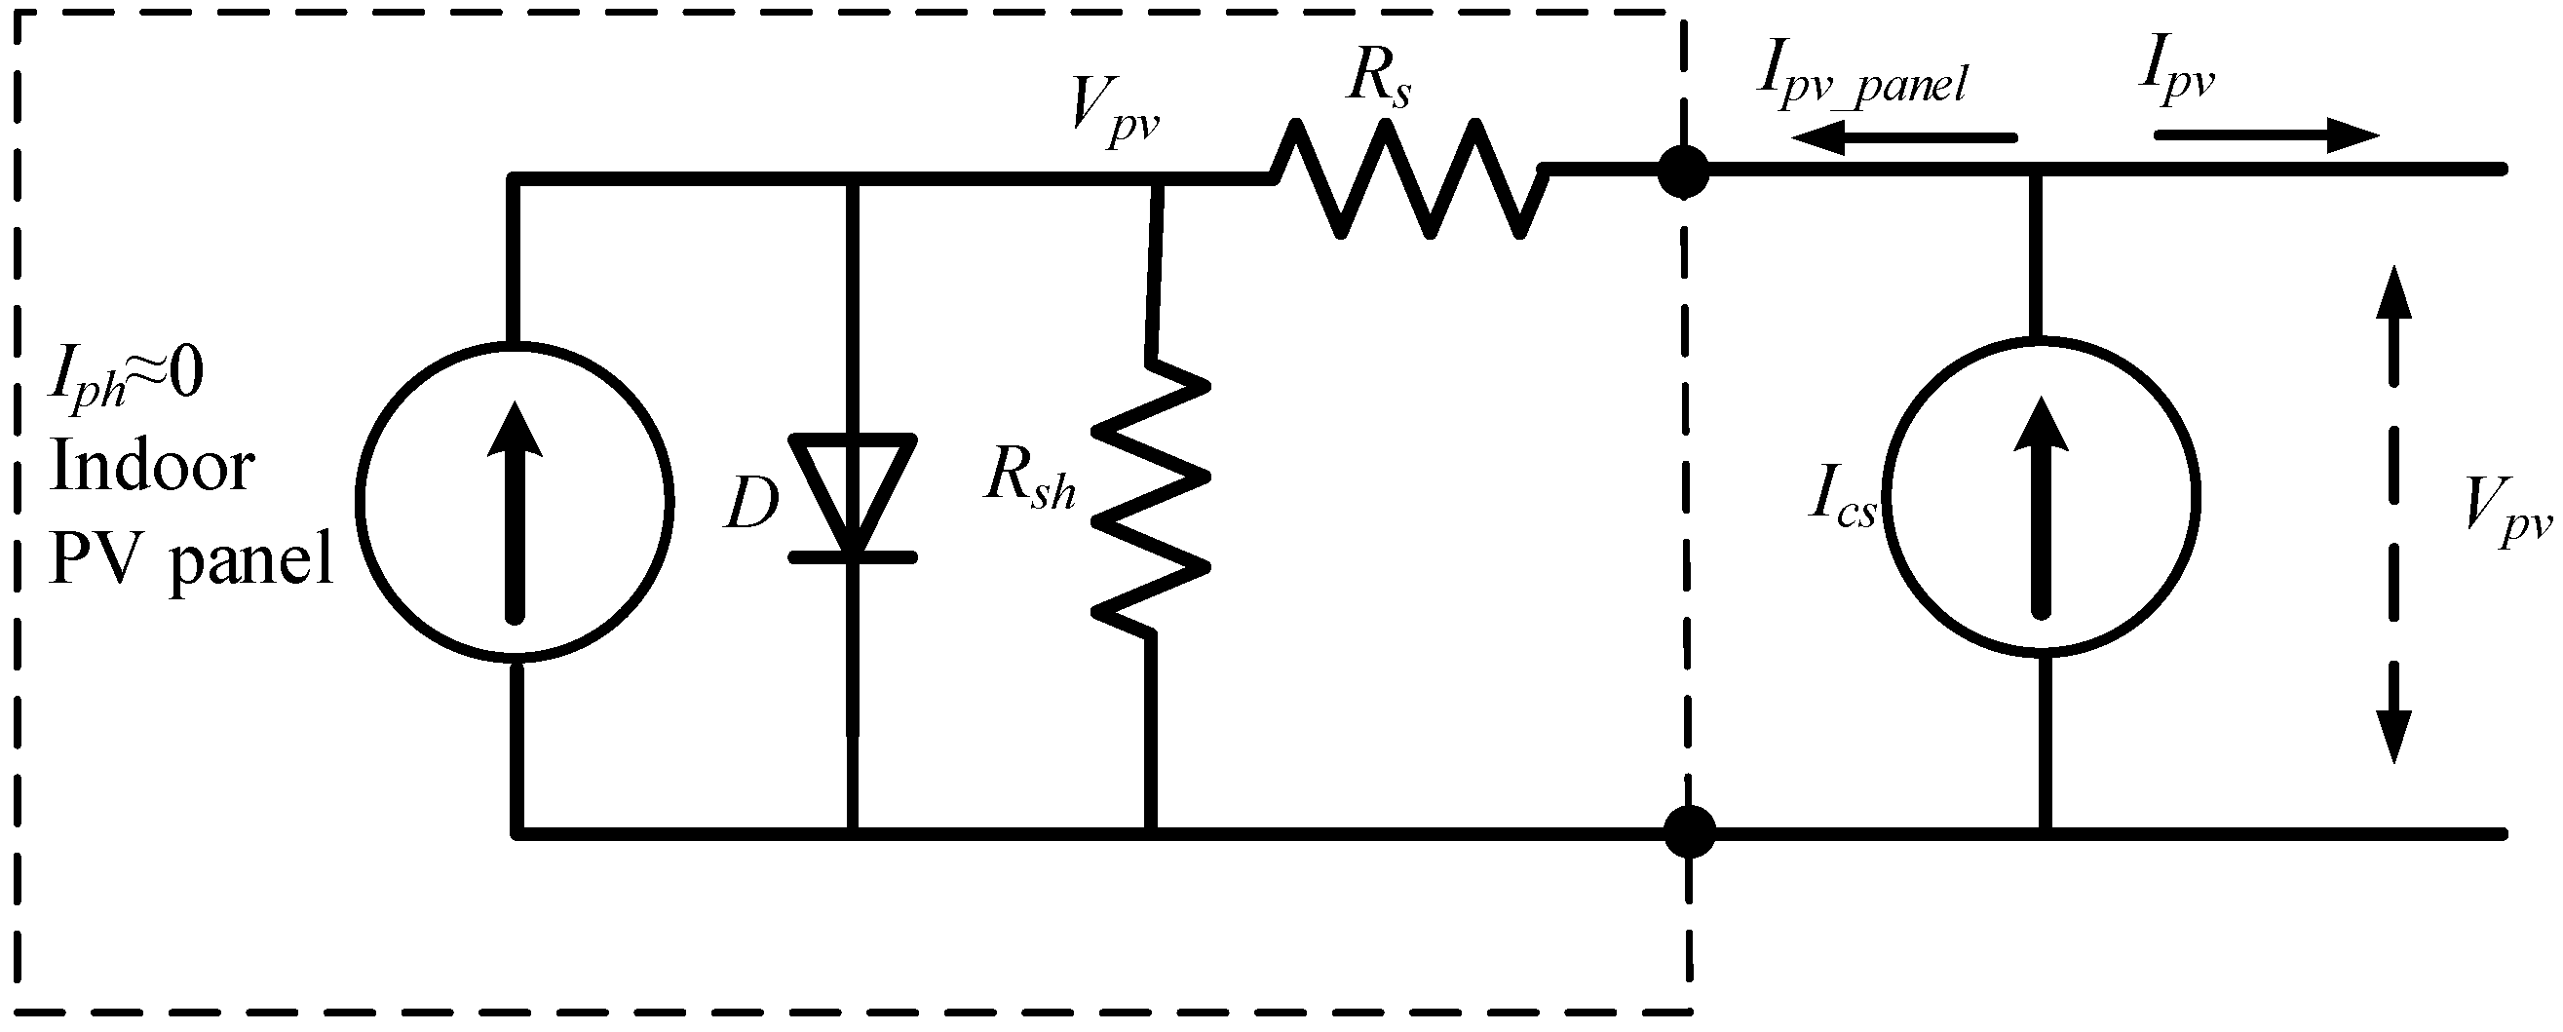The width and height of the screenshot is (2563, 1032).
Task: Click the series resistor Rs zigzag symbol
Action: pyautogui.click(x=1408, y=178)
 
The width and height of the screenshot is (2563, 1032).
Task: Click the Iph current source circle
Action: pyautogui.click(x=515, y=501)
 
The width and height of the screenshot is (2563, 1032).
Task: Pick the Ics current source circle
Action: pyautogui.click(x=2043, y=498)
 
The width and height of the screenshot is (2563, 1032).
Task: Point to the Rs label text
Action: pyautogui.click(x=1378, y=80)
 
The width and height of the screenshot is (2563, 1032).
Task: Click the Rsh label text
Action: pyautogui.click(x=1030, y=479)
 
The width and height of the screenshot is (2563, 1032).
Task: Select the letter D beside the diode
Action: pyautogui.click(x=751, y=506)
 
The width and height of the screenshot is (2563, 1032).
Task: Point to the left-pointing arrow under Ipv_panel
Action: pyautogui.click(x=1900, y=138)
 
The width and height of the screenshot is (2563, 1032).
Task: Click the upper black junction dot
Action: pyautogui.click(x=1683, y=172)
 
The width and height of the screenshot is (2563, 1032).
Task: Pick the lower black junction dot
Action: pyautogui.click(x=1689, y=832)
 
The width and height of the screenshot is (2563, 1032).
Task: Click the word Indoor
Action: pyautogui.click(x=151, y=468)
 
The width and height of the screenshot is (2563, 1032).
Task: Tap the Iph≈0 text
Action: pyautogui.click(x=127, y=378)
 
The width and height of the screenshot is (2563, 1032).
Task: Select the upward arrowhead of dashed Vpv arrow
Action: pyautogui.click(x=2392, y=293)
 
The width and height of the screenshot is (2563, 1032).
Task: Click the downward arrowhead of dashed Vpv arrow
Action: pyautogui.click(x=2392, y=737)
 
